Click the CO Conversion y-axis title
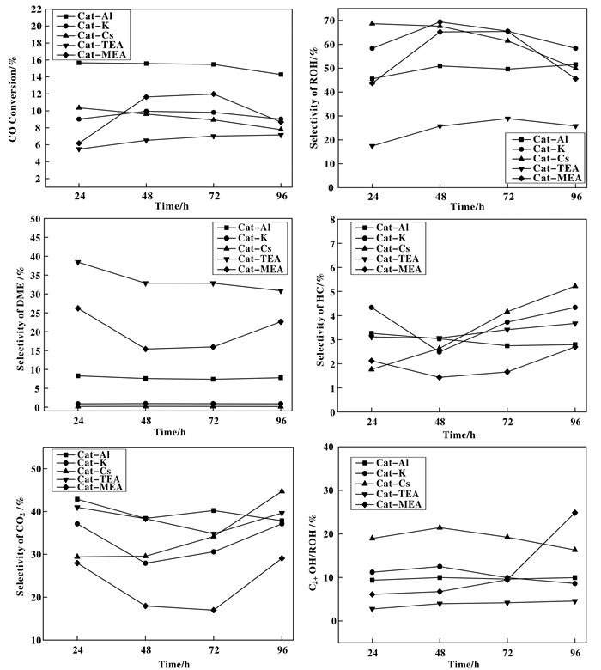point(15,104)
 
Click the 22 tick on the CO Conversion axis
point(39,9)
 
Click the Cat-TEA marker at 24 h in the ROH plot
point(372,146)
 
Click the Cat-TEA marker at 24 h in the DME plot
point(79,262)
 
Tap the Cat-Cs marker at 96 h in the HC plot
point(574,286)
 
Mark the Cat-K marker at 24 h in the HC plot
point(372,308)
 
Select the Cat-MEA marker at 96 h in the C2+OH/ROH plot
point(574,513)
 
